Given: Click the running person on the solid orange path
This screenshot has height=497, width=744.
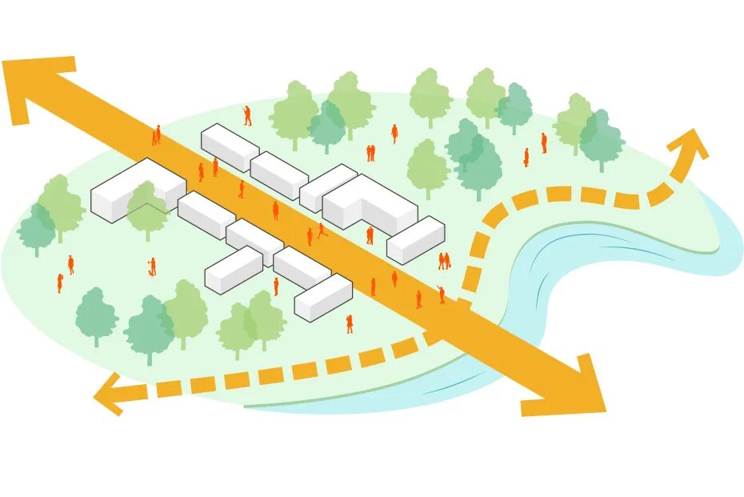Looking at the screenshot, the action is tap(322, 230).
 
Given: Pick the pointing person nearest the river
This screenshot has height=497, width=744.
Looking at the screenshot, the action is tap(441, 295).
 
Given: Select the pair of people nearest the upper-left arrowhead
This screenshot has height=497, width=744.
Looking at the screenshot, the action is tap(157, 134).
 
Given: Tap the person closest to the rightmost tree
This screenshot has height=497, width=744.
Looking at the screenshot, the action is tap(544, 142).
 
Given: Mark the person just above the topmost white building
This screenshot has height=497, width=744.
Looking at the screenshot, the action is tap(247, 115).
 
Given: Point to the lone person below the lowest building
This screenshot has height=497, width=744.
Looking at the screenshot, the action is tap(350, 323).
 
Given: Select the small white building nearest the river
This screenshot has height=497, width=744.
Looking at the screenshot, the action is tap(415, 239).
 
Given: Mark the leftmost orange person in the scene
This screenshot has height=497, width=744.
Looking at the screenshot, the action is tap(59, 282).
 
